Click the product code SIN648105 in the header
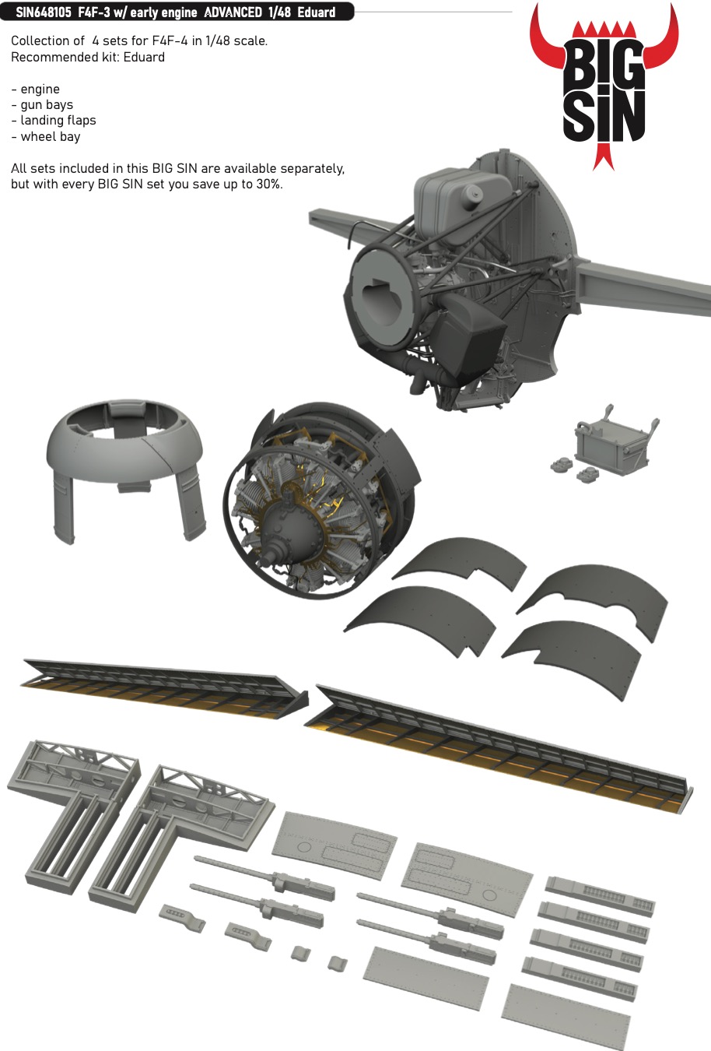(x=44, y=12)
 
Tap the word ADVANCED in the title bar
(x=233, y=12)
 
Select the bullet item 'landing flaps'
(x=58, y=121)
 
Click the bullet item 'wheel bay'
(x=51, y=137)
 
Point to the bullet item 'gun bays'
(x=47, y=105)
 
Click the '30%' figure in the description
(x=268, y=185)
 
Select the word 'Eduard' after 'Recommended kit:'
(x=144, y=57)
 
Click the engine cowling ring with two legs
(x=124, y=459)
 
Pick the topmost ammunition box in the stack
(x=599, y=895)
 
